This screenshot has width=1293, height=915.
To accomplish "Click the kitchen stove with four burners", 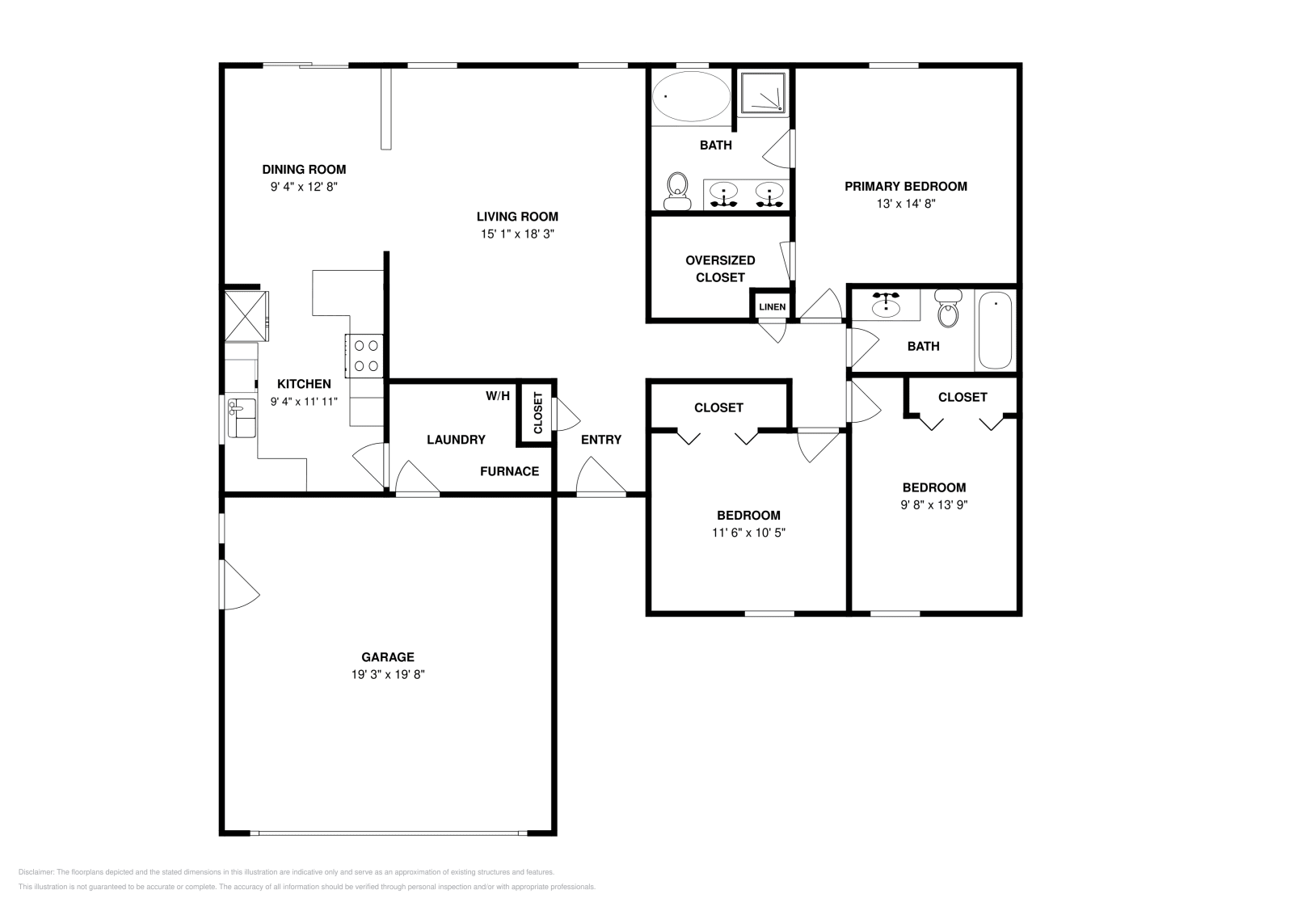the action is click(364, 356).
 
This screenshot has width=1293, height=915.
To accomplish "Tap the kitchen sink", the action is click(242, 417).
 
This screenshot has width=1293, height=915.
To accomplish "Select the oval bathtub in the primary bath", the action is click(691, 96).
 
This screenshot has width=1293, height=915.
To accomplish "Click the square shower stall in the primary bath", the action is click(763, 92).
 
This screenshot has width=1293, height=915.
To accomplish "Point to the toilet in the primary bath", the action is click(678, 191).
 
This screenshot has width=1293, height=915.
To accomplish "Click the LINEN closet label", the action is click(773, 307).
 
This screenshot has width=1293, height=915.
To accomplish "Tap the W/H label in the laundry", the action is click(498, 396).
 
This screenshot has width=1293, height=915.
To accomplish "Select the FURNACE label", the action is click(510, 471).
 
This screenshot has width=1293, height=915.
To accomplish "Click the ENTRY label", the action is click(601, 440).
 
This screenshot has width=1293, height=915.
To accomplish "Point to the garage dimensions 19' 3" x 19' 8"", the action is click(388, 674).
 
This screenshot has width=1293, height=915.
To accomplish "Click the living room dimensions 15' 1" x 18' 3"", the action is click(517, 234).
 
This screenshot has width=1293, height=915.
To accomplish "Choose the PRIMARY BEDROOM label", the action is click(906, 187).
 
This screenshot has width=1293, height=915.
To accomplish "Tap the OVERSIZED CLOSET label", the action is click(720, 269).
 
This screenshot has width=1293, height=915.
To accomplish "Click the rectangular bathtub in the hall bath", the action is click(996, 331).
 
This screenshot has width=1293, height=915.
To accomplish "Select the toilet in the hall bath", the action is click(948, 308).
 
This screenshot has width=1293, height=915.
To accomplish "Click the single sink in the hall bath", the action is click(886, 305).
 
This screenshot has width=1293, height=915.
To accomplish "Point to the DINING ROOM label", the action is click(304, 170).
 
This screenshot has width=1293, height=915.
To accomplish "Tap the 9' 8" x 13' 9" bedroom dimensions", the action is click(934, 504).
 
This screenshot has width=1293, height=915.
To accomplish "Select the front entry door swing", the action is click(600, 476).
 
